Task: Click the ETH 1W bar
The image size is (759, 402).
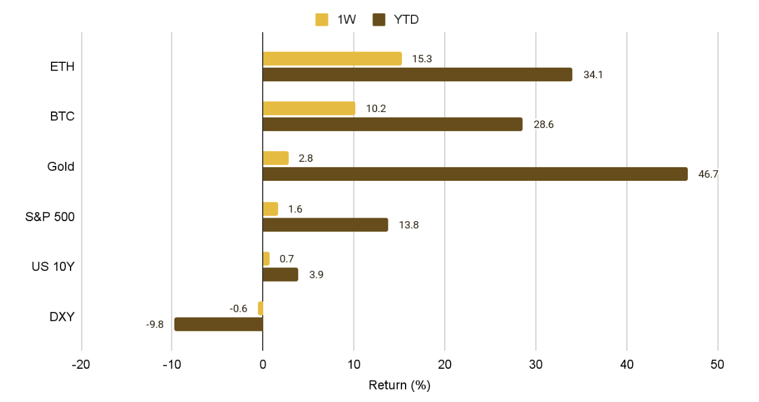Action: tap(332, 59)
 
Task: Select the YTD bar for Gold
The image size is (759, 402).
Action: tap(474, 174)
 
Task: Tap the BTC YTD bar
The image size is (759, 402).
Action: tap(392, 125)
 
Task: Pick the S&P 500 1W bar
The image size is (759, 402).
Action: tap(270, 209)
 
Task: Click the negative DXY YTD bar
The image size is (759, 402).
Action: tap(218, 324)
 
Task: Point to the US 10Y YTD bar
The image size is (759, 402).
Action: tap(280, 275)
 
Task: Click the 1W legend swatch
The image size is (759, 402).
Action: tap(322, 20)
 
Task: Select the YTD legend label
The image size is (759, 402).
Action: tap(406, 20)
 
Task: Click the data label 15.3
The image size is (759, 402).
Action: tap(422, 59)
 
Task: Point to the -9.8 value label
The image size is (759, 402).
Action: tap(154, 325)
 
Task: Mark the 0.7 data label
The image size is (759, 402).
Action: tap(286, 259)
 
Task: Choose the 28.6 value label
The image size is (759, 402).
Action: tap(543, 125)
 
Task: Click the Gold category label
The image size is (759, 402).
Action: tap(61, 167)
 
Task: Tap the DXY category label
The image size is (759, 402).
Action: tap(62, 317)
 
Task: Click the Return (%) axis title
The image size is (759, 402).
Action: tap(399, 385)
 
